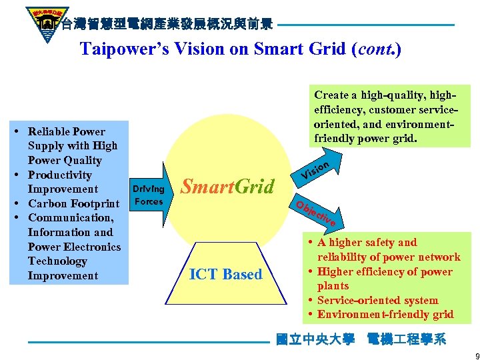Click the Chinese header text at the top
tap(167, 25)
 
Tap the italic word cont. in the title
tap(376, 49)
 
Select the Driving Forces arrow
tap(149, 194)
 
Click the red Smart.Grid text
tap(227, 187)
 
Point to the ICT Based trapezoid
tap(226, 274)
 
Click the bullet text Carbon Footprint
tap(73, 203)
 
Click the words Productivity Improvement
tap(63, 182)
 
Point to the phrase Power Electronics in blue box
tap(74, 247)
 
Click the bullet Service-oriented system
tap(377, 300)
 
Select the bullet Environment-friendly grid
tap(385, 314)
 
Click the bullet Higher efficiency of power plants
tap(384, 278)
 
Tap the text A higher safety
tap(367, 243)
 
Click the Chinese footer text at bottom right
tap(361, 339)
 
